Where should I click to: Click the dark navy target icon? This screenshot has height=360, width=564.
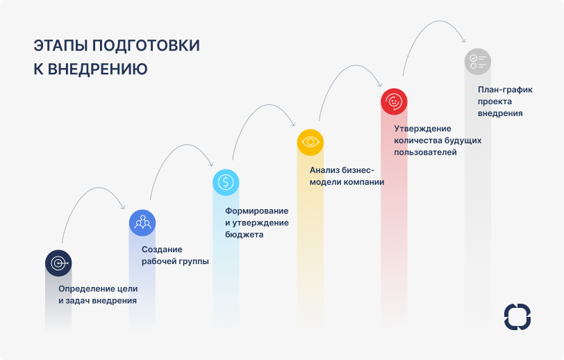(58, 263)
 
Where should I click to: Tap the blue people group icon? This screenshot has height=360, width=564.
(142, 223)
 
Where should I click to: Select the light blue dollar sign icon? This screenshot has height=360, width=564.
(226, 182)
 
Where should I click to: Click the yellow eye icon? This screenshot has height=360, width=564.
(310, 142)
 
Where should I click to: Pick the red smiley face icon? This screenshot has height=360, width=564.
(394, 101)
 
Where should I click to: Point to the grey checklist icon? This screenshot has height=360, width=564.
(477, 60)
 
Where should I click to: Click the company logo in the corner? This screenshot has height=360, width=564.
(517, 316)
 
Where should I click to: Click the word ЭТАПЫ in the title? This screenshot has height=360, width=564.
(60, 46)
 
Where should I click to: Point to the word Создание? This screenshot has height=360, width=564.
(162, 249)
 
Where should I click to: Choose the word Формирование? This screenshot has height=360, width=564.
(256, 211)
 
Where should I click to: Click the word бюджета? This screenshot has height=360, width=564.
(244, 235)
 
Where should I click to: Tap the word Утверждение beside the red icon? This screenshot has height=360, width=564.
(422, 129)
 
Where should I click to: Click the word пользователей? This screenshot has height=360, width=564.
(425, 152)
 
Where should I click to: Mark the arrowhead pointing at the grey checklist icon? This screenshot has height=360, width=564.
(461, 42)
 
